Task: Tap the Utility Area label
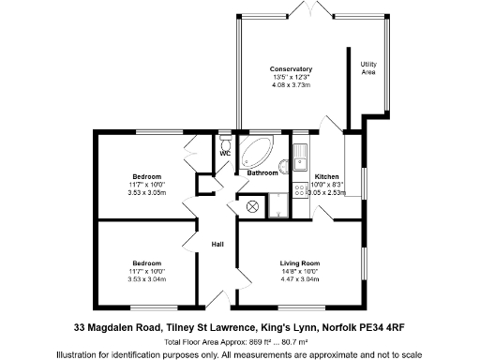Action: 368,67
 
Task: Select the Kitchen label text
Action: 326,176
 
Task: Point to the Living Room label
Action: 300,263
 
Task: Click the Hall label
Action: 217,245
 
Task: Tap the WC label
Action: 224,154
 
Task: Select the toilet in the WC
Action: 225,142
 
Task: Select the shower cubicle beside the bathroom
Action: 277,204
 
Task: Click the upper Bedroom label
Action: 146,176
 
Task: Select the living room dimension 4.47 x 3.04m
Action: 300,278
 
